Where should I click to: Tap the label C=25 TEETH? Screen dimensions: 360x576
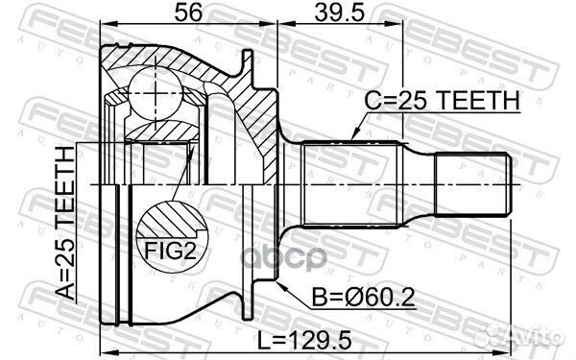[442, 100]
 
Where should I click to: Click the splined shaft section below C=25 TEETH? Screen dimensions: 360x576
[350, 180]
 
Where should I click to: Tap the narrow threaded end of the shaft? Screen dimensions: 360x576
[475, 180]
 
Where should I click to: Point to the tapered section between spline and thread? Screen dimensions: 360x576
[419, 180]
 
